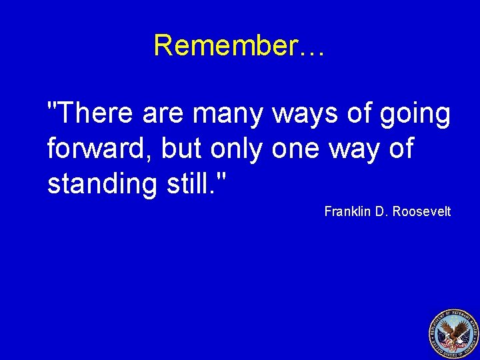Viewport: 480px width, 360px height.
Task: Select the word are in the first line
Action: click(x=165, y=114)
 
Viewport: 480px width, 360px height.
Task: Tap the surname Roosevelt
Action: click(x=421, y=211)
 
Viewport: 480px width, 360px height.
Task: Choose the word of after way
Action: click(x=401, y=149)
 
